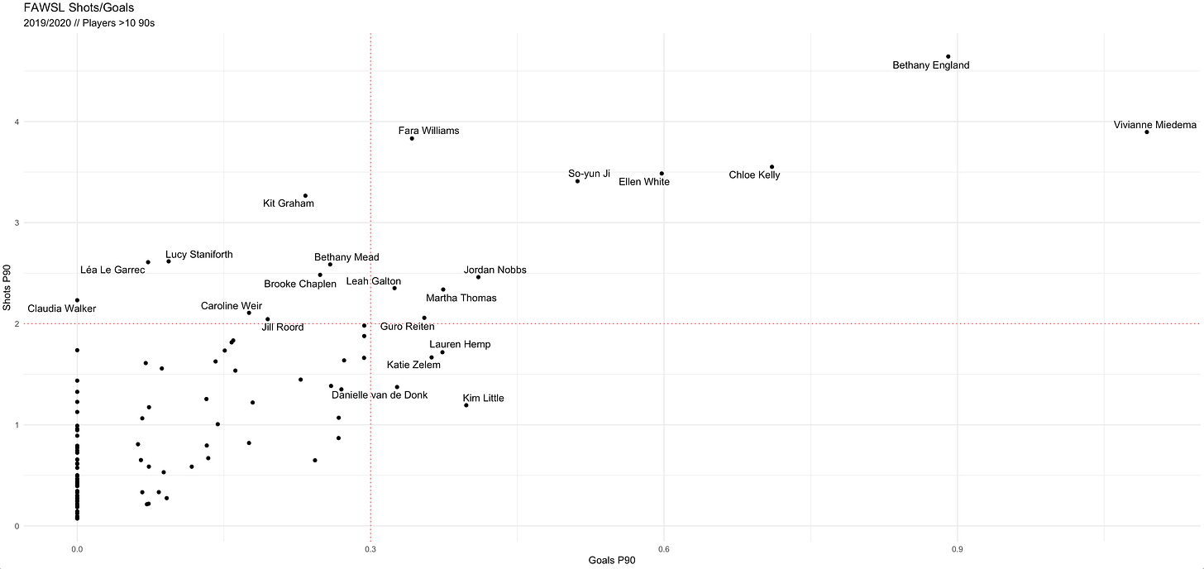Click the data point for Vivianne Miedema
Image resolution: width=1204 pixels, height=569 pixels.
1147,132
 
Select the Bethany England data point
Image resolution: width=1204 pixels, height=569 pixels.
948,56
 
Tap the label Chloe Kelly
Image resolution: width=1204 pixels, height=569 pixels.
754,175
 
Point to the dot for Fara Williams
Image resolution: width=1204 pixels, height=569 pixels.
412,138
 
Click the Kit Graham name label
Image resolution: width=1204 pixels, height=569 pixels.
289,203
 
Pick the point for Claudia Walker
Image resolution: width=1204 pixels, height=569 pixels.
77,300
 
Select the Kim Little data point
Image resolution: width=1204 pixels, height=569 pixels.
466,405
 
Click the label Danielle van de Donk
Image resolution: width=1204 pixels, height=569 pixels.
380,395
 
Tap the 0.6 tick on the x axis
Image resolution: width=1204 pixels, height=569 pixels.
663,549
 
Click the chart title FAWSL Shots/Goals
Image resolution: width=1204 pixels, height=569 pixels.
79,8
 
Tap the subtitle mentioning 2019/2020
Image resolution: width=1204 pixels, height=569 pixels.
89,23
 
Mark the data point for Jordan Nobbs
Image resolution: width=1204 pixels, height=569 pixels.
478,277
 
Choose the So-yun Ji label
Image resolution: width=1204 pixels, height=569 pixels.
589,174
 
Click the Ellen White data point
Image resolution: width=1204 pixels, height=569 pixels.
662,174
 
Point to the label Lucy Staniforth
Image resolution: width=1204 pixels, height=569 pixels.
198,255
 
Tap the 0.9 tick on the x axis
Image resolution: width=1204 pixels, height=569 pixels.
957,549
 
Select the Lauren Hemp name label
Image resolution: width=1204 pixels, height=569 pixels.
460,345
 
